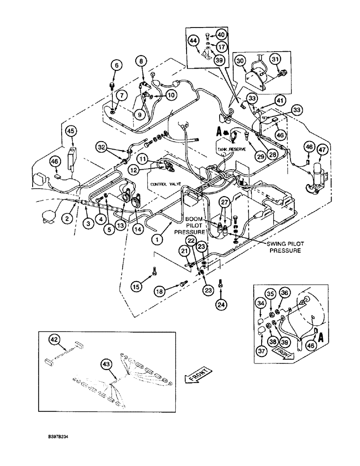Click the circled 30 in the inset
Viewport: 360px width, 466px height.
[x=240, y=61]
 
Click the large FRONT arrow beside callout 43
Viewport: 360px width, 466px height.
[x=198, y=374]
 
